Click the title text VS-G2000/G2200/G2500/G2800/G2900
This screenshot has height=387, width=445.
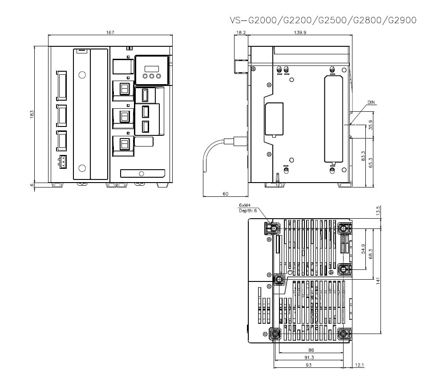(x=323, y=20)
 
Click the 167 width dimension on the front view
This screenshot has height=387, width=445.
(x=110, y=33)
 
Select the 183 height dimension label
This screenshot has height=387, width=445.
(x=32, y=114)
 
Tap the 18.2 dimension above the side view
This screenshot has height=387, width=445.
(x=241, y=33)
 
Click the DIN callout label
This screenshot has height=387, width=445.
(x=371, y=102)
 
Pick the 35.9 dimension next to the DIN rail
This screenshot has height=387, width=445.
(x=370, y=125)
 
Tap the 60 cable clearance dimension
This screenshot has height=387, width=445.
(x=225, y=194)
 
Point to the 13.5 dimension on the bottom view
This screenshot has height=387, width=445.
(x=378, y=210)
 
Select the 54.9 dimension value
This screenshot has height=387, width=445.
(x=363, y=248)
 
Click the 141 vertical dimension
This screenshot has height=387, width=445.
(x=378, y=281)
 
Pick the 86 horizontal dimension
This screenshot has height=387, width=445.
(x=311, y=350)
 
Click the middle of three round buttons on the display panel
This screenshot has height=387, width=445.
(x=151, y=76)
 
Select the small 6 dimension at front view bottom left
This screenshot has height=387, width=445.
(x=32, y=185)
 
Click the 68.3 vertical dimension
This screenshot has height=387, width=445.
(x=370, y=253)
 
